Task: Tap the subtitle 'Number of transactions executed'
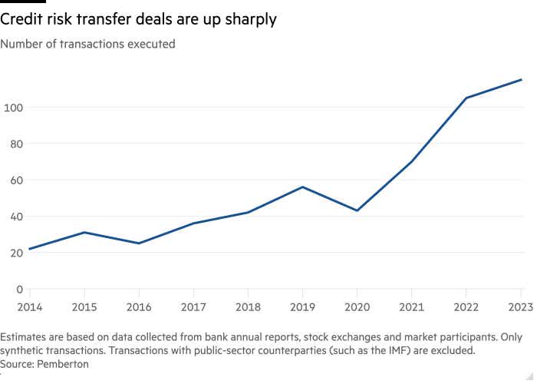coord(88,44)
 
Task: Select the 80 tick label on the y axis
coord(15,144)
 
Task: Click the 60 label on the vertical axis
coord(15,180)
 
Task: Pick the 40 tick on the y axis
coord(15,217)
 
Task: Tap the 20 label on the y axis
coord(15,253)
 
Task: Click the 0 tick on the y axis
coord(18,290)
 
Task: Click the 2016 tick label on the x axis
coord(139,308)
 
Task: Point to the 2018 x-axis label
coord(248,308)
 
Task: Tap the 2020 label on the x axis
coord(357,308)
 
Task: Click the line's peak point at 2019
coord(302,187)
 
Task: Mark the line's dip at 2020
coord(357,210)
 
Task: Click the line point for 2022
coord(466,98)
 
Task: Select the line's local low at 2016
coord(139,243)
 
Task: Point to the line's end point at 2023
coord(522,79)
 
